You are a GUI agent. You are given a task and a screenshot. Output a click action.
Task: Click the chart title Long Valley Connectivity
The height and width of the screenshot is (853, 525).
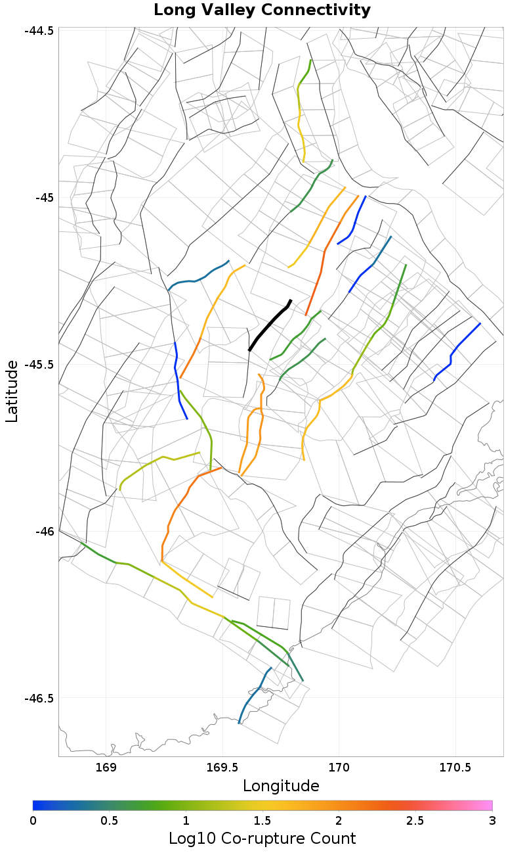point(262,11)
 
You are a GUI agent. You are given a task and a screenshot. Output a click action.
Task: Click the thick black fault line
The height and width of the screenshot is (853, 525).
point(269,326)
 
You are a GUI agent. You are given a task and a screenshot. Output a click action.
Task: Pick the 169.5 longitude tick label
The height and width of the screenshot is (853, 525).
point(222,768)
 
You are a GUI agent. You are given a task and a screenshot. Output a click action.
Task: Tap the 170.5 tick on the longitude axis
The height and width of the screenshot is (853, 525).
point(455,768)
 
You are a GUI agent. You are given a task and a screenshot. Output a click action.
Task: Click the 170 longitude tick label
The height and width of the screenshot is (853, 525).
point(339,768)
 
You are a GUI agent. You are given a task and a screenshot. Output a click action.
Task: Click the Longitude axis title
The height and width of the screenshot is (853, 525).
point(281,786)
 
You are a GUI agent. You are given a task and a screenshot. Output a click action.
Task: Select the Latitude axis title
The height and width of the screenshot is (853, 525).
point(12,391)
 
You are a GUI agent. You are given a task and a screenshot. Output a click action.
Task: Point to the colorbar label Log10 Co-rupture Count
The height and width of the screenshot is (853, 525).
point(262,839)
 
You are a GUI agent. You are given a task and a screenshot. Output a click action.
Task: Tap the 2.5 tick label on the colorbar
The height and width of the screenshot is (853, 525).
point(415,820)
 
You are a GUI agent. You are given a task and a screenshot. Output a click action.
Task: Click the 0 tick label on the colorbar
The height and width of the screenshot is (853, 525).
point(33,820)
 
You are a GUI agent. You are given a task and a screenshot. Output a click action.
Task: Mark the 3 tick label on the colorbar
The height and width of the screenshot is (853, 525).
point(492,820)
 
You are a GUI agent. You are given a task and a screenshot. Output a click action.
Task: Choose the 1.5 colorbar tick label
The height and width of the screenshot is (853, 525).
point(262,820)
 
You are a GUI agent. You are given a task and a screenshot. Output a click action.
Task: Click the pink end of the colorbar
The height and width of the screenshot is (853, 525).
point(486,805)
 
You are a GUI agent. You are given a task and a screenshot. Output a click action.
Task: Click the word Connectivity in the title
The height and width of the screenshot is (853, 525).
point(318,11)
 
